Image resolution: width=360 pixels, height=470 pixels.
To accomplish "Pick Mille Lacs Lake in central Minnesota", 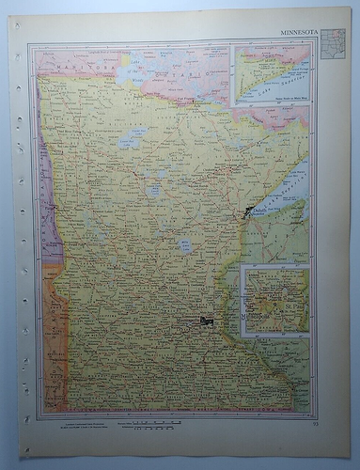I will tap(186, 246).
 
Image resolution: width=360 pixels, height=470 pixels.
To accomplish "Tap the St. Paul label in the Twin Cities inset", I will tap(287, 305).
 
